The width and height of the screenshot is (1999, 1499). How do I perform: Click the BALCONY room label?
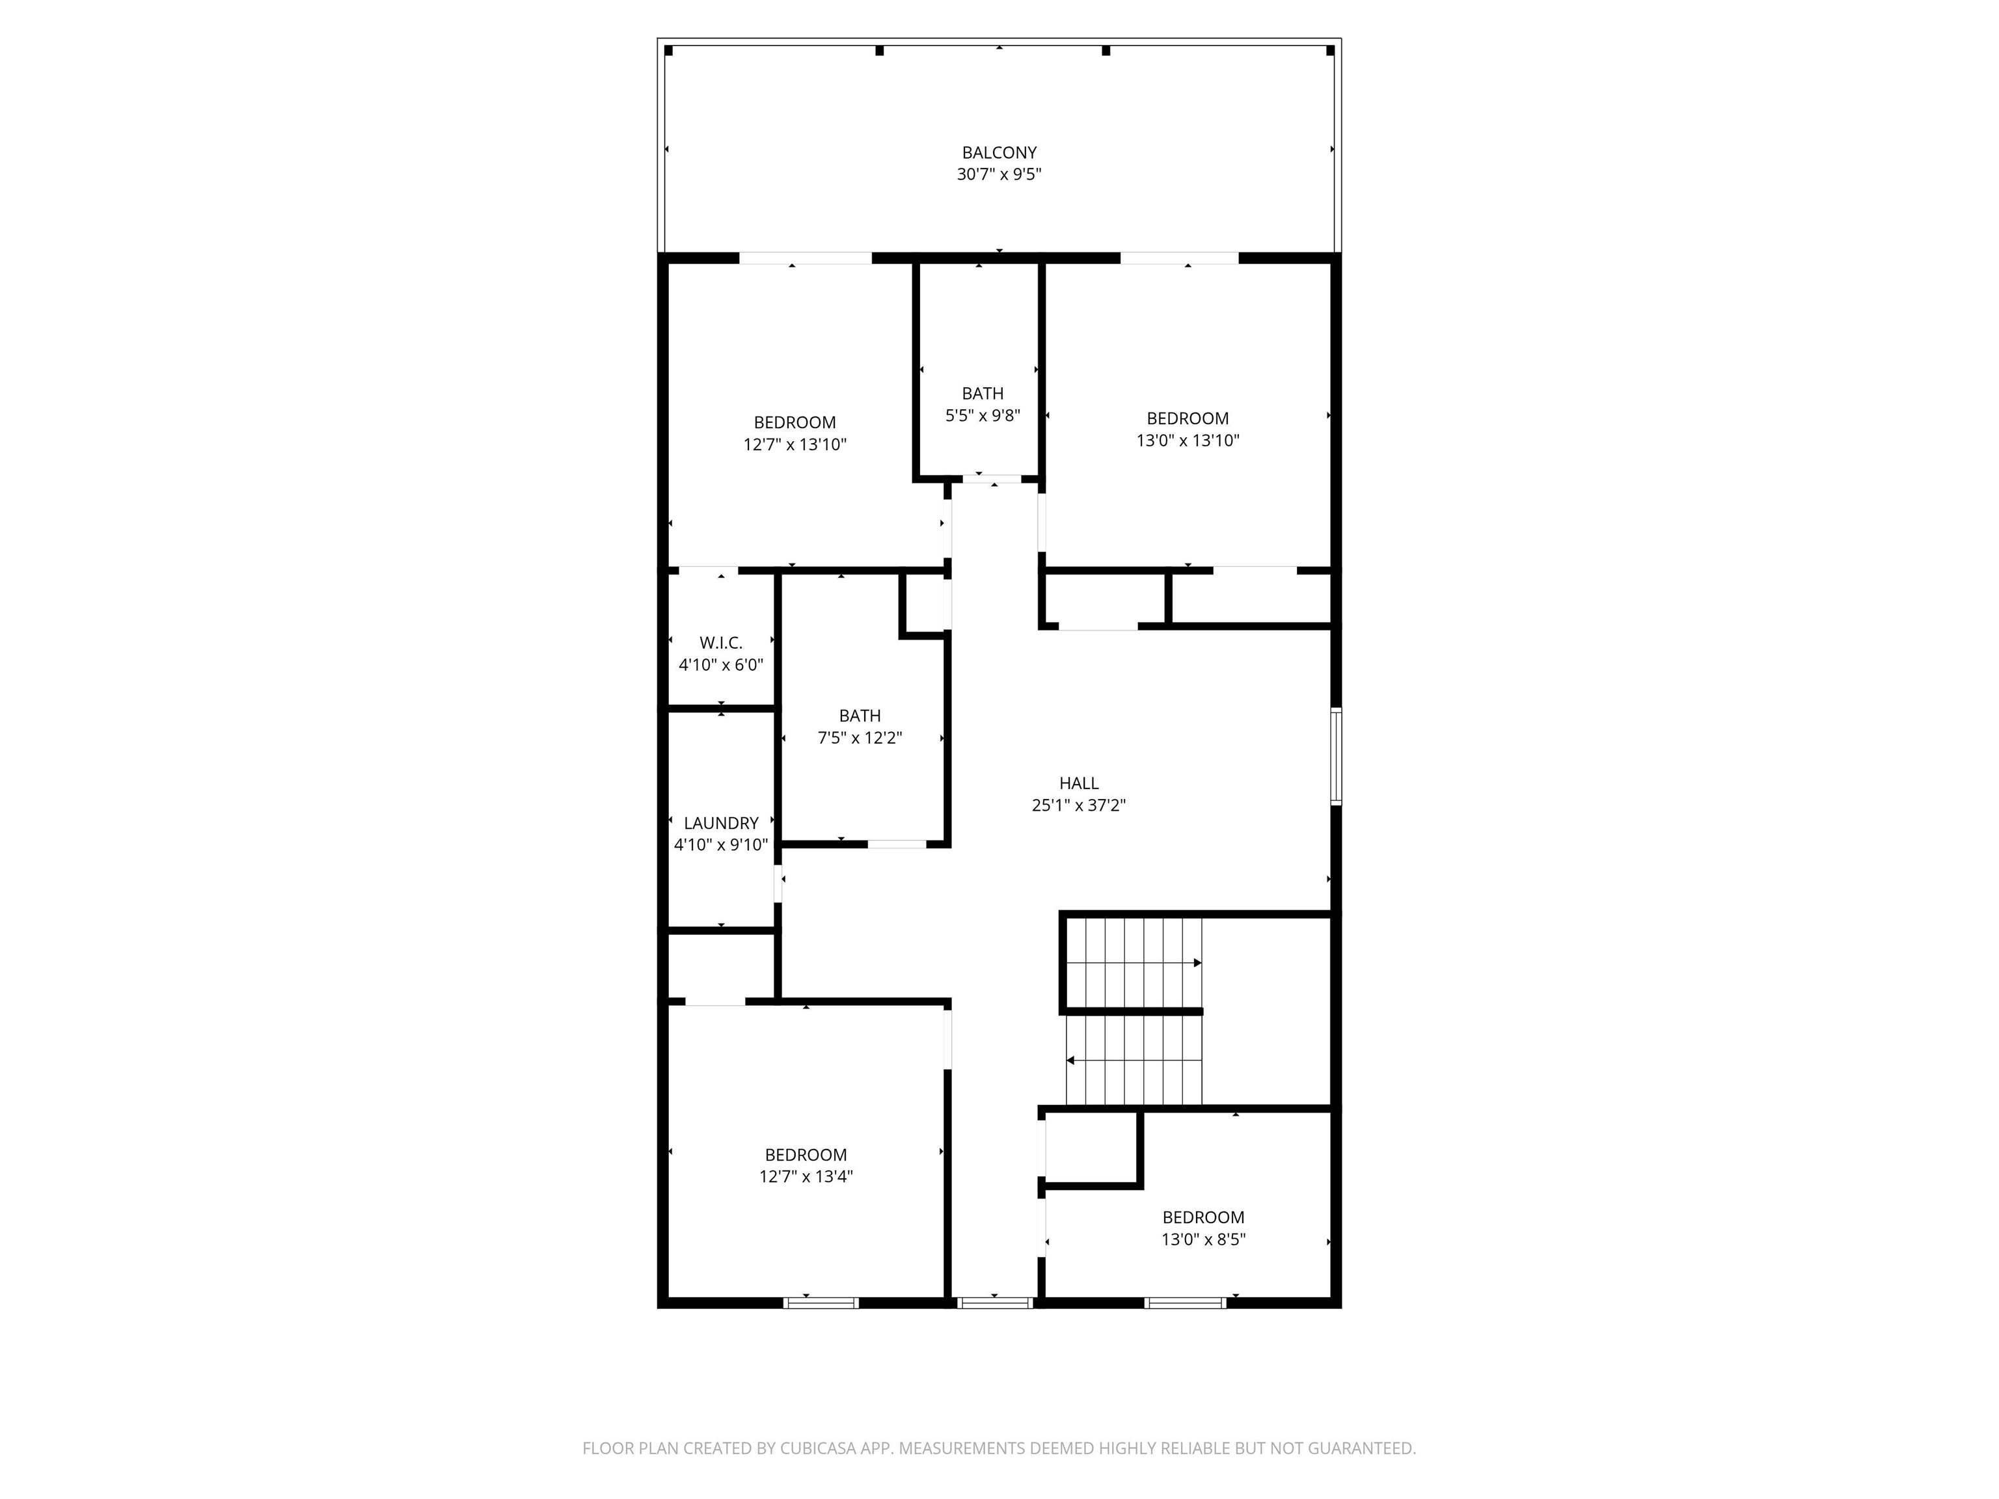(999, 153)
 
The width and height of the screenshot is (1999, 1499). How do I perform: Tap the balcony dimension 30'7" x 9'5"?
(999, 174)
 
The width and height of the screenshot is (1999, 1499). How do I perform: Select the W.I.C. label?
(720, 642)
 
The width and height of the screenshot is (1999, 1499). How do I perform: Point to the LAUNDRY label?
(720, 823)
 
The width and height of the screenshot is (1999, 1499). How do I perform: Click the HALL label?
(1079, 783)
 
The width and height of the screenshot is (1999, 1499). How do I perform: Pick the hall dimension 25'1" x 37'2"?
(1079, 805)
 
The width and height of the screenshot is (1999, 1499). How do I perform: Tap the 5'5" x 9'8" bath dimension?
(983, 416)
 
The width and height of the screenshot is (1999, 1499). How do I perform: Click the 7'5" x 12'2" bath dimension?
(860, 737)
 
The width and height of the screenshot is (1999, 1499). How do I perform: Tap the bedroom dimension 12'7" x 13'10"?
(795, 444)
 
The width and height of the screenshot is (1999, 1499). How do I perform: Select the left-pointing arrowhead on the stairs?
(1071, 1060)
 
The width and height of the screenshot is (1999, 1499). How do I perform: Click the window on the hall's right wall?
(1336, 756)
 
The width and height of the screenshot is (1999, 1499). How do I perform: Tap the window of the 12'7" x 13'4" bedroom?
(820, 1303)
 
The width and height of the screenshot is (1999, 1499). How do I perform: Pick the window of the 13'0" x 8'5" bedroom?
(1185, 1303)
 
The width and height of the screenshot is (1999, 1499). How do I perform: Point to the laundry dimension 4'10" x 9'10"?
(720, 845)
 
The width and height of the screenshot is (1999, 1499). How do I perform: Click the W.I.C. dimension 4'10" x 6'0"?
(720, 665)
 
